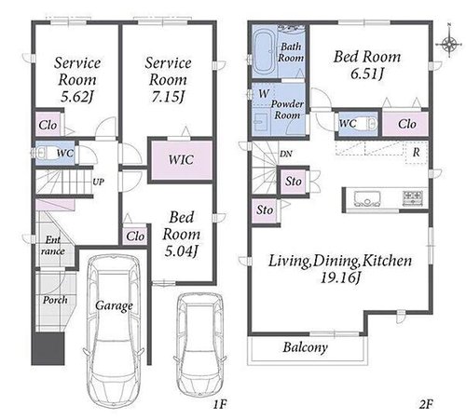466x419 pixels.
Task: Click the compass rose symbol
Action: (449, 43)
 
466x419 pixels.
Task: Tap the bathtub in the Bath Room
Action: (264, 52)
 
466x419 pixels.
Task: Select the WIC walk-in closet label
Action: (181, 160)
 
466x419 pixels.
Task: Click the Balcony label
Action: (305, 347)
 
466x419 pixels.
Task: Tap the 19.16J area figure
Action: (340, 277)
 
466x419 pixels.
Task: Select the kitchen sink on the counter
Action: (367, 198)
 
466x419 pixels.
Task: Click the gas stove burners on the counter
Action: (413, 198)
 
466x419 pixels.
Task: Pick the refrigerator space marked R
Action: (417, 153)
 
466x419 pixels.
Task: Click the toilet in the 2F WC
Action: (370, 124)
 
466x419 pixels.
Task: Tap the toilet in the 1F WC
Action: (46, 154)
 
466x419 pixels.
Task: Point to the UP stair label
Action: (98, 182)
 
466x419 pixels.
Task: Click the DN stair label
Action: (286, 154)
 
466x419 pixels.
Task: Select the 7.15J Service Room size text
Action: (168, 97)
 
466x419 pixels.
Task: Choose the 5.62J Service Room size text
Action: (76, 97)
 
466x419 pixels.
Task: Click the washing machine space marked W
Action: (264, 94)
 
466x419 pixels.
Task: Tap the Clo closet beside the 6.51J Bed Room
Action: (406, 124)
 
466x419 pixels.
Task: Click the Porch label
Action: (55, 300)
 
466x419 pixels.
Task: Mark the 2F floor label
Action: (426, 404)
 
